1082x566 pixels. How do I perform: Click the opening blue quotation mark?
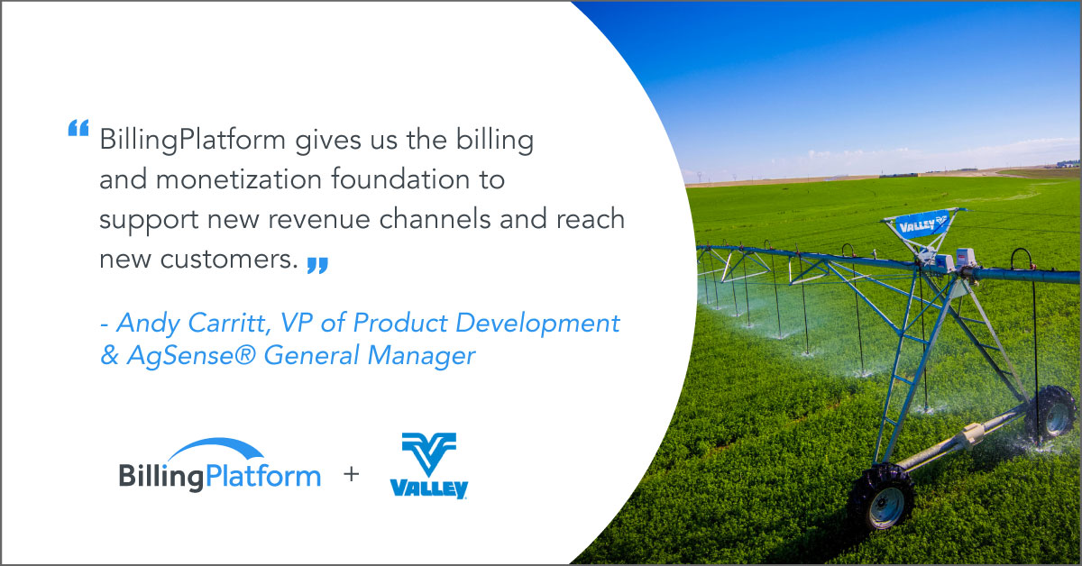click(78, 128)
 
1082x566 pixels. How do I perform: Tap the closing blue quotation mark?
click(317, 266)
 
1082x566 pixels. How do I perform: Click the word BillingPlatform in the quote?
click(193, 141)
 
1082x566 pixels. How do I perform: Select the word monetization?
click(239, 179)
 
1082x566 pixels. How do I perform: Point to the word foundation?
click(400, 178)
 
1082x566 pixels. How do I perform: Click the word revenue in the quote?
click(319, 220)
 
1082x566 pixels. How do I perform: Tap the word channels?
click(436, 219)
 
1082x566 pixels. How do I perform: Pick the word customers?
click(229, 260)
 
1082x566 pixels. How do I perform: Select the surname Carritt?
click(229, 323)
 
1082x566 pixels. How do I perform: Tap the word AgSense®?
click(191, 356)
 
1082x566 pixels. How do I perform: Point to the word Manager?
click(421, 356)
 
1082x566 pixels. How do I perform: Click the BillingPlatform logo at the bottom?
click(220, 466)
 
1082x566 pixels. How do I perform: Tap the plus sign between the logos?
click(351, 474)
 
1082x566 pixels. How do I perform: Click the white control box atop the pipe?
click(966, 258)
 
